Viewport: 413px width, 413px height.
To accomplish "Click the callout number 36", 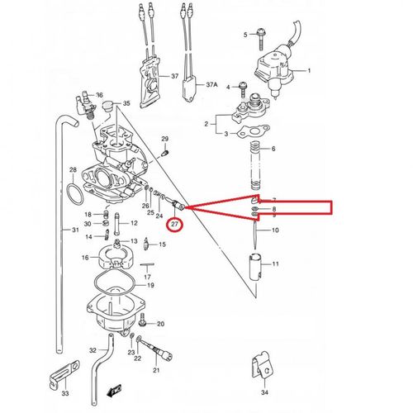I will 99,94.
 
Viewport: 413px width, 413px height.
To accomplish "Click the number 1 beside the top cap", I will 309,71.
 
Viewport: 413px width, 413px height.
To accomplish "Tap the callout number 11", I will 276,264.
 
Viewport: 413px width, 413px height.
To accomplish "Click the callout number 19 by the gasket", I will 150,285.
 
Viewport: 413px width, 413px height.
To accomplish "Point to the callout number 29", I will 164,138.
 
